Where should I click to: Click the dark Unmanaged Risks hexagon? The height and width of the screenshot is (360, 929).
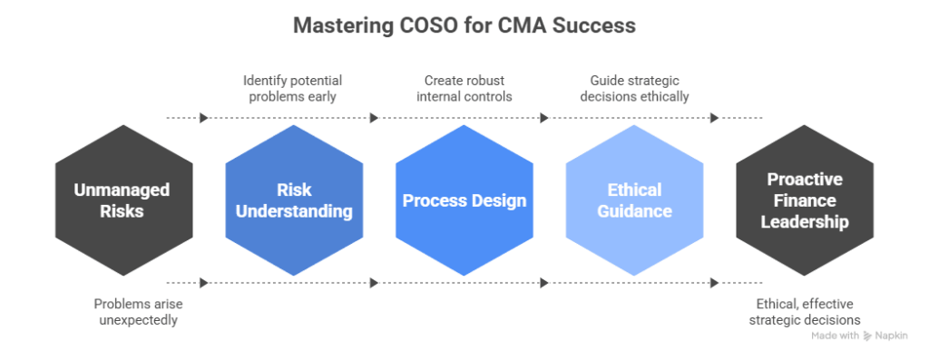tap(123, 200)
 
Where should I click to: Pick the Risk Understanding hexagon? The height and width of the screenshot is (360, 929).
tap(294, 200)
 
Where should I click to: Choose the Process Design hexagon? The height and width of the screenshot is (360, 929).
tap(464, 200)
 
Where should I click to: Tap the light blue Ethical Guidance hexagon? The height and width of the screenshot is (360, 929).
tap(634, 200)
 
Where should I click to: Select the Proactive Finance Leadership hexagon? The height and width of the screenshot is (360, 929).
tap(804, 200)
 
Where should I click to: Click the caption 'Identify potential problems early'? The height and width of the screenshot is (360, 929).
tap(294, 88)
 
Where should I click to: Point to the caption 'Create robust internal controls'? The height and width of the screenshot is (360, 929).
tap(464, 88)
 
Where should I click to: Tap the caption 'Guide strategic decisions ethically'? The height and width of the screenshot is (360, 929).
tap(634, 88)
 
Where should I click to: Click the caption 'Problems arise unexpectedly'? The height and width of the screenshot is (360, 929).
tap(135, 312)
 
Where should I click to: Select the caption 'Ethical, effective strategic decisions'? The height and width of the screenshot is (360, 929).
tap(804, 312)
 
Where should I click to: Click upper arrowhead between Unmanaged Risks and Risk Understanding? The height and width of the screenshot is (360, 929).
tap(204, 118)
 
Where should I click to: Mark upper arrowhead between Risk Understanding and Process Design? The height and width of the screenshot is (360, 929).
tap(374, 118)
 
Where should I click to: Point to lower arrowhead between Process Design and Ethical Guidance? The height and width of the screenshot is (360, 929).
tap(544, 283)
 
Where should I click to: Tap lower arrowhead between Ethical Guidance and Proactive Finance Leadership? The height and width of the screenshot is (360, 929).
tap(714, 283)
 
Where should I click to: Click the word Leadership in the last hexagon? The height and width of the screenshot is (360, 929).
tap(804, 222)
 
